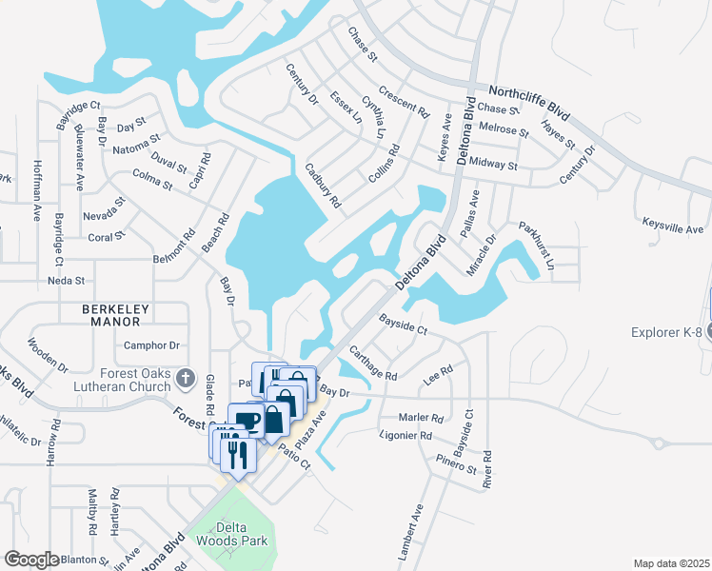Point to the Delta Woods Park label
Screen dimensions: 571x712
[227, 532]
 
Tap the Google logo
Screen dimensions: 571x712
[31, 560]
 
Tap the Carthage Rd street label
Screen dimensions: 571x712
[372, 363]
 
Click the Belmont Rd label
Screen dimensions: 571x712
[174, 258]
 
